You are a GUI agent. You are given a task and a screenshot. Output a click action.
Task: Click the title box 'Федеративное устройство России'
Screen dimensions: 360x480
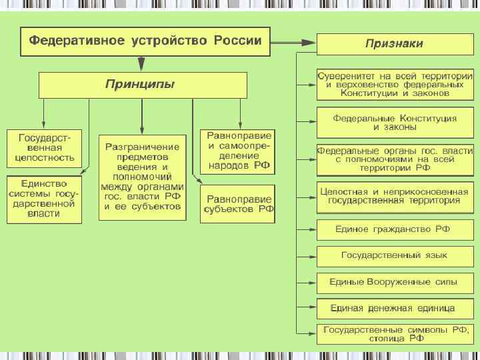(145, 41)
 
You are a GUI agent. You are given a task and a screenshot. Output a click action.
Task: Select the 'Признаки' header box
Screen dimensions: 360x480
(394, 45)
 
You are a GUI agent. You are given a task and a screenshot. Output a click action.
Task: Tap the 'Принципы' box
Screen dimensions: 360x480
(142, 85)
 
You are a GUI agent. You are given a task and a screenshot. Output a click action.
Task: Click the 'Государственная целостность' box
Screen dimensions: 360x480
(45, 148)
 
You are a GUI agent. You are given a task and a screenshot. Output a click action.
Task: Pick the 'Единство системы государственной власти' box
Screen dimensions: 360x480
(45, 199)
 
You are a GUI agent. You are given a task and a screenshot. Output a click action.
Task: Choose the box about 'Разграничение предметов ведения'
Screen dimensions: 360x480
(141, 177)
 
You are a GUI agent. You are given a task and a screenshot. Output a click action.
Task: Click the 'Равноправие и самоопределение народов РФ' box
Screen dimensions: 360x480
(237, 151)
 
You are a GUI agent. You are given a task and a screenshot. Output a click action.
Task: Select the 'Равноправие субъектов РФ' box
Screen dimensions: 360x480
(237, 203)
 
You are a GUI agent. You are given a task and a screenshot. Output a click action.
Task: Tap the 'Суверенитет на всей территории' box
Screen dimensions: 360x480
(394, 83)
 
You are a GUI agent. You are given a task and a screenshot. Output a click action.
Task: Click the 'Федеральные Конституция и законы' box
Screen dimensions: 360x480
(394, 122)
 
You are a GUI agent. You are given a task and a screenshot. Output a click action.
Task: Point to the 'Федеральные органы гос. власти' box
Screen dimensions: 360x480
(394, 160)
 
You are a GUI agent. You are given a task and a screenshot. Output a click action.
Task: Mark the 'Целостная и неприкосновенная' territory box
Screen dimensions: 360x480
(394, 197)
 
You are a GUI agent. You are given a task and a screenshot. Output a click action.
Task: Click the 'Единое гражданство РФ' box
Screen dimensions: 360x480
(394, 229)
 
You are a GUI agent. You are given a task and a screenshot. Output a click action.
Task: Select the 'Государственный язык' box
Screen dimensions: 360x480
(394, 255)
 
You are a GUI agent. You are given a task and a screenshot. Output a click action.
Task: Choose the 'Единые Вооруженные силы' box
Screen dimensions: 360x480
(394, 282)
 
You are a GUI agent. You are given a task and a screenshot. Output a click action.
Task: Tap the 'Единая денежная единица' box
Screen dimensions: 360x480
(394, 309)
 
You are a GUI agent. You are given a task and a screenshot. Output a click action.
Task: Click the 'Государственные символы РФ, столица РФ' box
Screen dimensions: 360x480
(394, 334)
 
